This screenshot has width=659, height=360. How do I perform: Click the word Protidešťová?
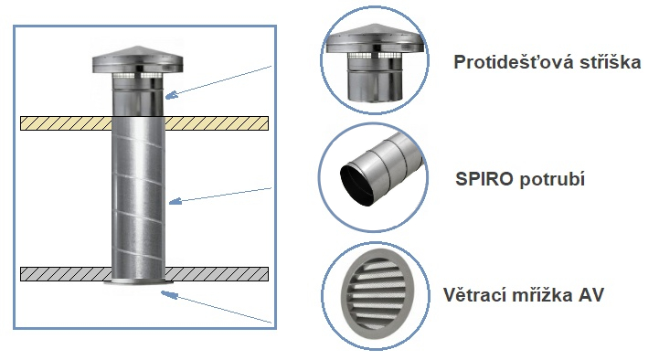pyautogui.click(x=515, y=63)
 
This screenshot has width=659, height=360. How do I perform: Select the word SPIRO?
pyautogui.click(x=484, y=179)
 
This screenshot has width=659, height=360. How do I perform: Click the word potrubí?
pyautogui.click(x=552, y=180)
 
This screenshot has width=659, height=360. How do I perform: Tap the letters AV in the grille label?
pyautogui.click(x=591, y=295)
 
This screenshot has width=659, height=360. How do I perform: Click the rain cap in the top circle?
pyautogui.click(x=375, y=63)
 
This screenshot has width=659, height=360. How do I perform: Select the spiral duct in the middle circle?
pyautogui.click(x=380, y=170)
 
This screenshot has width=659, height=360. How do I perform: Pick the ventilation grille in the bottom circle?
pyautogui.click(x=377, y=295)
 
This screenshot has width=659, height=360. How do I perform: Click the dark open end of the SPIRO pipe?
pyautogui.click(x=357, y=184)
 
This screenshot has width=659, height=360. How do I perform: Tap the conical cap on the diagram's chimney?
pyautogui.click(x=138, y=59)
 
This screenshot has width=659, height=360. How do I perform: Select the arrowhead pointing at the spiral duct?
pyautogui.click(x=175, y=201)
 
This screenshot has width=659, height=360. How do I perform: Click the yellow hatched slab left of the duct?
pyautogui.click(x=67, y=123)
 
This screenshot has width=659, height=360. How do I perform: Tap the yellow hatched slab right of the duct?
pyautogui.click(x=217, y=123)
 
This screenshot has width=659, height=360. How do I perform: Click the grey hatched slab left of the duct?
pyautogui.click(x=67, y=274)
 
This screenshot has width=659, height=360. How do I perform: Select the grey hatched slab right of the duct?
pyautogui.click(x=217, y=274)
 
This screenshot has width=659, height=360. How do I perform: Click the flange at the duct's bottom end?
pyautogui.click(x=139, y=281)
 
